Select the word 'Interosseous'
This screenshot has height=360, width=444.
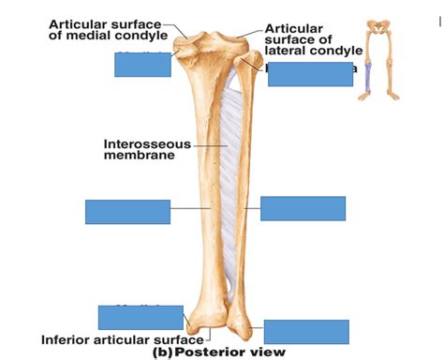[147, 144]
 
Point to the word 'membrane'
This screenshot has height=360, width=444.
[140, 156]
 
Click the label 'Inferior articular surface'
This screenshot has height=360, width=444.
[121, 338]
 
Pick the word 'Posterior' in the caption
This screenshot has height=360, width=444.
[210, 352]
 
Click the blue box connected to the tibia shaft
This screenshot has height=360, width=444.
[127, 212]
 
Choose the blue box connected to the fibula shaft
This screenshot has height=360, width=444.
[303, 208]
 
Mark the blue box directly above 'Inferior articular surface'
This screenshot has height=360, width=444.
[141, 317]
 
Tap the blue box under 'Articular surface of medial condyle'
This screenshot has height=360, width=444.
[142, 64]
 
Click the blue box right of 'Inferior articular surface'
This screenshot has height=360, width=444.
[306, 332]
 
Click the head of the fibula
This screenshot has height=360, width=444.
[250, 63]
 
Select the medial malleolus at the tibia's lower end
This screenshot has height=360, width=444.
[196, 323]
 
